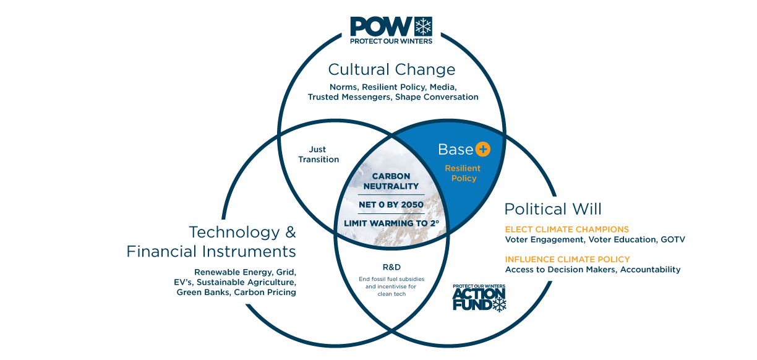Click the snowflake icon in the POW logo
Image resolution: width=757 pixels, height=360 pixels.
tap(423, 27)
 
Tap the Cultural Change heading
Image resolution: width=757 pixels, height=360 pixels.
tap(391, 70)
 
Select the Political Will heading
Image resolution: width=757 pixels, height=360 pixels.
tap(553, 209)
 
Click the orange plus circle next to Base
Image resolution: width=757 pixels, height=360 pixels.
tap(482, 149)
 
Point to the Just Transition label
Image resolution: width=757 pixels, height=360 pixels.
tap(319, 154)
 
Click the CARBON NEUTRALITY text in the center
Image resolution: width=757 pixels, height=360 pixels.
tap(391, 181)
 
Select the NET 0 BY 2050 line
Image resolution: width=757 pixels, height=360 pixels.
tap(391, 205)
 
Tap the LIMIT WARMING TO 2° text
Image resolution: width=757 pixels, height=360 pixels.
tap(391, 223)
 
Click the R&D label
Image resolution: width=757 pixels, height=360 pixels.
tap(391, 267)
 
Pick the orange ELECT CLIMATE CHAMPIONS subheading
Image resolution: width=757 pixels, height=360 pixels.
tap(567, 229)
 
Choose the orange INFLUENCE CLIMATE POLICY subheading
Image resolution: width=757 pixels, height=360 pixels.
tap(567, 259)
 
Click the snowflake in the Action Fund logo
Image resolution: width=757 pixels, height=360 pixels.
tap(500, 304)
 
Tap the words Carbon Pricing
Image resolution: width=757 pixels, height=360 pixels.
tap(265, 293)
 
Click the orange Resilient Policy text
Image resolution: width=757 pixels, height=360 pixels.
tap(463, 173)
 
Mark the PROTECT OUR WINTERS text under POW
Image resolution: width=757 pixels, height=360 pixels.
tap(391, 41)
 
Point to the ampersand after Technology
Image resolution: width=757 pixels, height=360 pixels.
tap(291, 232)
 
